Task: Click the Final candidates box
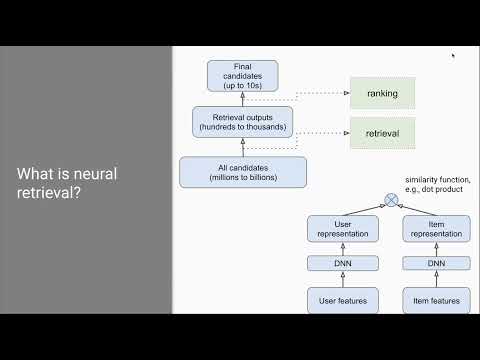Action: coord(242,76)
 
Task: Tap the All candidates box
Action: coord(242,172)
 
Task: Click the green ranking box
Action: coord(382,94)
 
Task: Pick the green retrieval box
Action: coord(382,133)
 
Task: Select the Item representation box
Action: coord(436,228)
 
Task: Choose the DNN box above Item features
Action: coord(436,265)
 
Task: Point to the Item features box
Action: coord(436,299)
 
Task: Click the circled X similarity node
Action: coord(392,199)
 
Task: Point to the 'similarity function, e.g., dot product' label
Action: coord(437,184)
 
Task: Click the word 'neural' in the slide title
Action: coord(90,174)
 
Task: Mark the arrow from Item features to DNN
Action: coord(436,281)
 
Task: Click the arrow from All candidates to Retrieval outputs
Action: coord(242,148)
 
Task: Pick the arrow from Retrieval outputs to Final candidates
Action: coord(242,100)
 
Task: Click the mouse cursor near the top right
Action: coord(453,56)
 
